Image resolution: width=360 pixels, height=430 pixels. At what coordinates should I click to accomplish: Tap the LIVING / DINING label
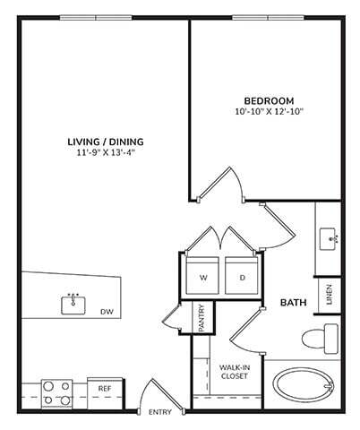(x=106, y=141)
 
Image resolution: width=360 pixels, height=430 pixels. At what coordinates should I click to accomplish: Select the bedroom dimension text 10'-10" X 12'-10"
(x=269, y=112)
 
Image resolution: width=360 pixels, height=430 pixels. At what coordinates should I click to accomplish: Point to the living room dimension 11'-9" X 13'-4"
(x=106, y=152)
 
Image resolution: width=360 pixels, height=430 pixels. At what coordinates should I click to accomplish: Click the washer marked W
(x=203, y=277)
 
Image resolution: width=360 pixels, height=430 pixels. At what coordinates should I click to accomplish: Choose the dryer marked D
(x=241, y=277)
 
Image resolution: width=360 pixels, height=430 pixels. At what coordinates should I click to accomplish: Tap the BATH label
(x=294, y=303)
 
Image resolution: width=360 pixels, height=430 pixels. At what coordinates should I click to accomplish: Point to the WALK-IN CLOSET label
(x=236, y=370)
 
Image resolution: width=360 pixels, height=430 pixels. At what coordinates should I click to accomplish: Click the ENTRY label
(x=159, y=412)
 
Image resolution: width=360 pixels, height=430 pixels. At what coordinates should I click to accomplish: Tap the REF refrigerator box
(x=105, y=388)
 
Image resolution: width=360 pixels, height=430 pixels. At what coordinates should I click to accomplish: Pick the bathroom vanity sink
(x=330, y=238)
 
